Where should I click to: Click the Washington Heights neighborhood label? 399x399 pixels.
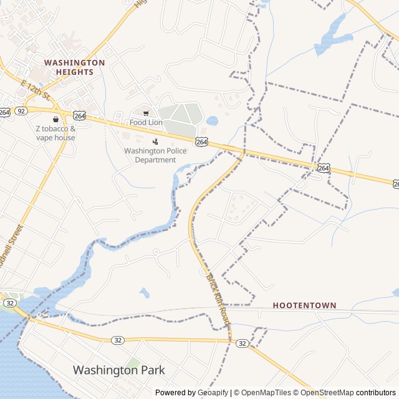[x=74, y=67]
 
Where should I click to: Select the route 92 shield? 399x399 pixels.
[x=22, y=111]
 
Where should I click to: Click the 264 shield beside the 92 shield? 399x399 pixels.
[x=5, y=112]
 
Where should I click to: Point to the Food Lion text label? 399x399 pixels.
[x=146, y=123]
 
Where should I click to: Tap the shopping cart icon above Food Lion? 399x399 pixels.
[x=146, y=113]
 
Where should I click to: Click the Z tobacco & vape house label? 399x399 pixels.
[x=55, y=133]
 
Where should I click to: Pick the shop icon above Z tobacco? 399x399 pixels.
[x=55, y=119]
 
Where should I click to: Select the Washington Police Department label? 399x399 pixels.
[x=155, y=155]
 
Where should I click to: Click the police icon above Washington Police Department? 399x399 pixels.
[x=155, y=142]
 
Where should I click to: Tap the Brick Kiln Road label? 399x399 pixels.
[x=218, y=299]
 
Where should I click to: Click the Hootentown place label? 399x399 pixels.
[x=304, y=306]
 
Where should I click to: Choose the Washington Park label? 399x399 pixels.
[x=118, y=370]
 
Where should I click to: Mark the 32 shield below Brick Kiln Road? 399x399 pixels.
[x=243, y=344]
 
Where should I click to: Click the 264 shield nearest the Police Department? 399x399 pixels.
[x=201, y=142]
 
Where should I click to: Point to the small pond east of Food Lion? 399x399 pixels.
[x=213, y=120]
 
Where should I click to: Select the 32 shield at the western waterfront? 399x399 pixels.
[x=9, y=302]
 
